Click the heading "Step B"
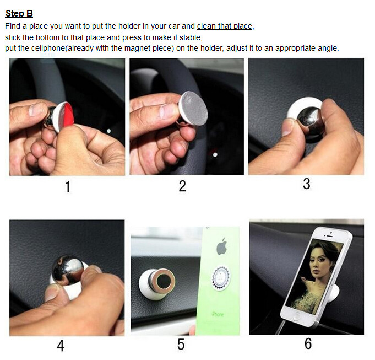tap(19, 13)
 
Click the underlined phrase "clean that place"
tap(225, 26)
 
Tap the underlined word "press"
tap(132, 37)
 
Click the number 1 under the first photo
tap(68, 187)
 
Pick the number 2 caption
tap(182, 186)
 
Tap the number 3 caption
tap(306, 184)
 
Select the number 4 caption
tap(61, 346)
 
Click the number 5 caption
tap(181, 345)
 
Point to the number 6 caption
tap(308, 343)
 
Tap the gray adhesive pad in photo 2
tap(194, 109)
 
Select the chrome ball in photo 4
tap(68, 269)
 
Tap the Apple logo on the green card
tap(222, 246)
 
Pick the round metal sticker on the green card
tap(221, 278)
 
